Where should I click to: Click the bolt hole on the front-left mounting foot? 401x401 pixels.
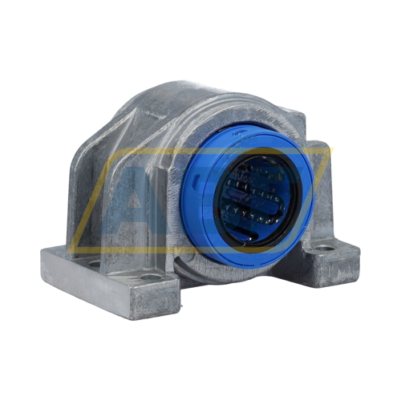(x=150, y=277)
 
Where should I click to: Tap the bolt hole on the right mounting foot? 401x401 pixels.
(x=326, y=249)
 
